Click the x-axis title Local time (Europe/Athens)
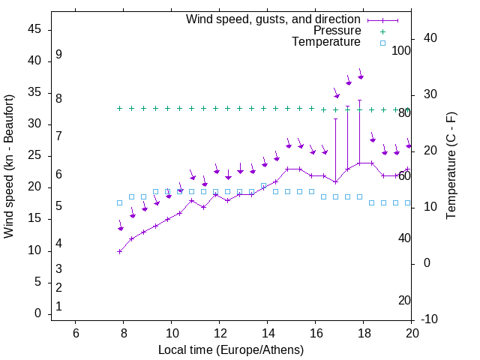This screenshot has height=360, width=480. [231, 349]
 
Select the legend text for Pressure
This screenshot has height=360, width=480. [337, 31]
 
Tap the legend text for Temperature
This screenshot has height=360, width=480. [326, 42]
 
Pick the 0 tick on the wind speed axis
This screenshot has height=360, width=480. [38, 313]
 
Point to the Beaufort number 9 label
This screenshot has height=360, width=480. [58, 55]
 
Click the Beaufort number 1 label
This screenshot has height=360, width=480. [58, 306]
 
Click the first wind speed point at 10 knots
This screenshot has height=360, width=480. [120, 251]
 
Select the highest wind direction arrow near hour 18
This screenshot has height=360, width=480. [361, 76]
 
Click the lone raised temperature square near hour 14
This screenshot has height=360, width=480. [264, 185]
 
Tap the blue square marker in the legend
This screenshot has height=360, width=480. [382, 43]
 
